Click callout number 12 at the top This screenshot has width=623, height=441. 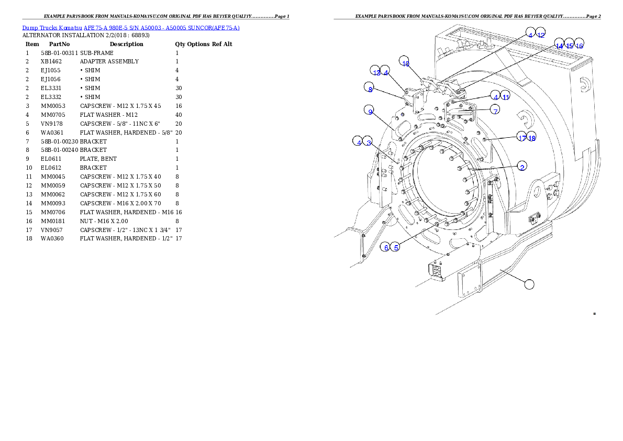[541, 35]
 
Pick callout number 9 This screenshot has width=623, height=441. [370, 111]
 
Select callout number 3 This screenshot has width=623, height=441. [369, 142]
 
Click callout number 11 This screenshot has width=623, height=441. [505, 96]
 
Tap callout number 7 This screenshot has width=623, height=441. [495, 110]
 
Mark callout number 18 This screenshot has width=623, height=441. [532, 138]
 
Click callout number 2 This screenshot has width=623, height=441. [522, 167]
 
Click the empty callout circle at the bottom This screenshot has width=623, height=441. [530, 284]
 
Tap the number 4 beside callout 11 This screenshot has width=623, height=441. [495, 96]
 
